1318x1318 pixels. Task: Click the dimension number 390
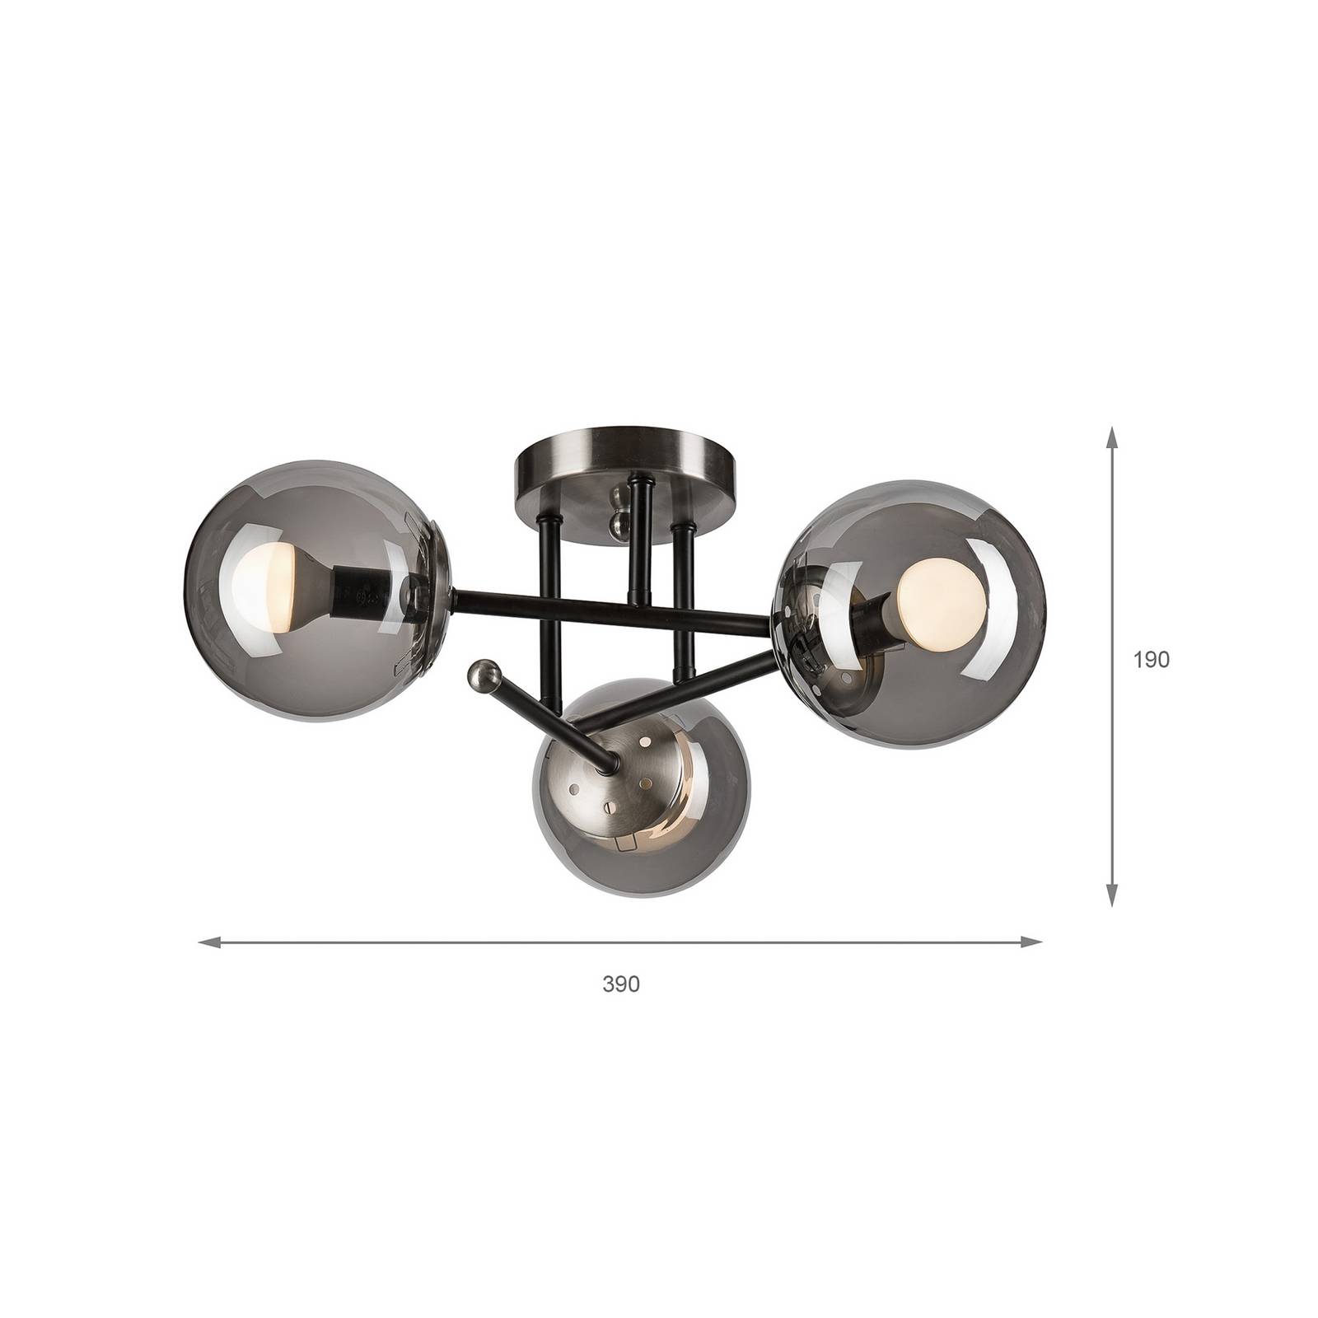tap(621, 984)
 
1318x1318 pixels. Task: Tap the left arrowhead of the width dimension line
tap(211, 942)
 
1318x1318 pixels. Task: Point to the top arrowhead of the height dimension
tap(1112, 437)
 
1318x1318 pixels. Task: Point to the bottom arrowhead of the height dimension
tap(1112, 895)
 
